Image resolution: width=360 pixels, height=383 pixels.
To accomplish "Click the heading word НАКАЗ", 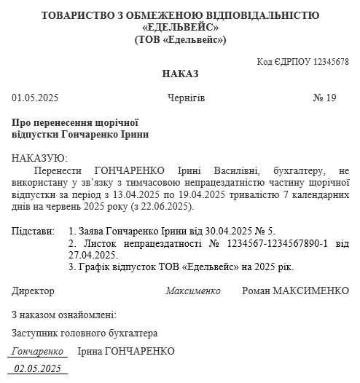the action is click(x=180, y=74).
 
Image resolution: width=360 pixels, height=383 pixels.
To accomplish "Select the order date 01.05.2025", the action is click(x=35, y=98).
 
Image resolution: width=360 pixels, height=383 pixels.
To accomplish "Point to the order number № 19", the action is click(x=324, y=98).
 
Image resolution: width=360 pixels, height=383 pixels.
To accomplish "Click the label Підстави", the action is click(x=34, y=232).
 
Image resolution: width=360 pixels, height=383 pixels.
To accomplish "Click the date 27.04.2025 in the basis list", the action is click(x=93, y=255).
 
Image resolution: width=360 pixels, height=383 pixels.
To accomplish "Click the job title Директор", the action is click(x=33, y=291).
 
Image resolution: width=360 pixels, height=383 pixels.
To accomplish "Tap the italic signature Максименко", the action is click(x=192, y=291).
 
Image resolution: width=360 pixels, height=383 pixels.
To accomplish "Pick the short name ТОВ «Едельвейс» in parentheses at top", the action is click(x=180, y=39).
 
